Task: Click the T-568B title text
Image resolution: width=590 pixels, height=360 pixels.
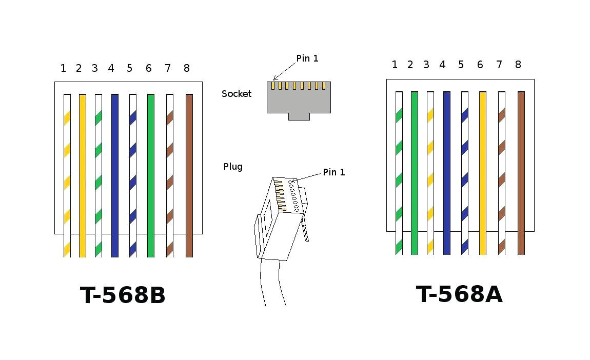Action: coord(123,295)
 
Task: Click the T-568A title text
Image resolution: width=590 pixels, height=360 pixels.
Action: coord(459,294)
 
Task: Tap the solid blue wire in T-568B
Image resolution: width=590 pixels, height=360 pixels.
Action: coord(115,174)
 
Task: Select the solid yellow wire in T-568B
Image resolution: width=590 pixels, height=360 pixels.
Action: coord(82,174)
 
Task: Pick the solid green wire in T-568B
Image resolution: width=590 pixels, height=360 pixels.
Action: coord(150,174)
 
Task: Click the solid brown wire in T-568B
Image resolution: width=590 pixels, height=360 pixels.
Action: coord(189,174)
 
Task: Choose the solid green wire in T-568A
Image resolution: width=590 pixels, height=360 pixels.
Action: coord(414,172)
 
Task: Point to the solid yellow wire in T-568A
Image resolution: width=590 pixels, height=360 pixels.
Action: coord(482,172)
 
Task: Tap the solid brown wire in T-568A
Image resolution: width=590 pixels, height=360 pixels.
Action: coord(521,172)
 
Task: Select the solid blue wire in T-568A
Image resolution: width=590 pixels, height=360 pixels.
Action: coord(447,172)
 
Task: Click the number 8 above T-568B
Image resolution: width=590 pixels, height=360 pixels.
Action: coord(186,68)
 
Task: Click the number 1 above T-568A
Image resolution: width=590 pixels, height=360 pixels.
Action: coord(395,65)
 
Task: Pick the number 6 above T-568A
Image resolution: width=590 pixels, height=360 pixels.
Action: coord(480,65)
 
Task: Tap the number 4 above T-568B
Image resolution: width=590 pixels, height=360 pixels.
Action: coord(111,68)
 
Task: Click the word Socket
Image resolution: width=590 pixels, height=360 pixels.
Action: coord(237,94)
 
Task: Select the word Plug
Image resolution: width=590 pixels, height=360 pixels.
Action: coord(233,167)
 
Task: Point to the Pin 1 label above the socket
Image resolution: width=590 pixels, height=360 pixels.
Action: coord(307,58)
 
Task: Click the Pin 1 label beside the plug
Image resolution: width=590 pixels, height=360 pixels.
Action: coord(334,172)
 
